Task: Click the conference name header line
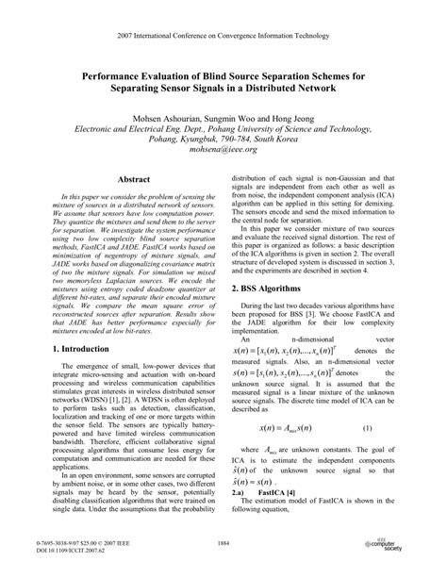(x=223, y=35)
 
